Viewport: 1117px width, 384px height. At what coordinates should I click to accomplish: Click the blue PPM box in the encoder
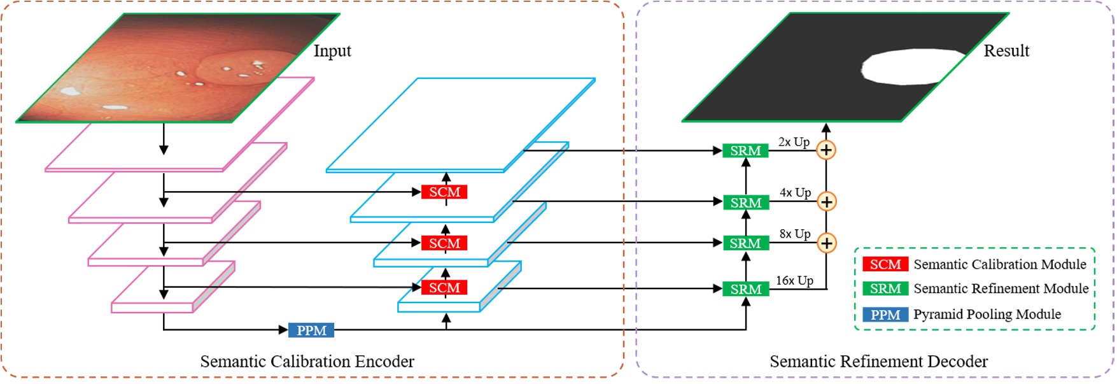click(311, 330)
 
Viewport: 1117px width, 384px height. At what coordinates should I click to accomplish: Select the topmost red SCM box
click(444, 192)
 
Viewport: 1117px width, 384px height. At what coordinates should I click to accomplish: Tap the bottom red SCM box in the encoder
click(444, 288)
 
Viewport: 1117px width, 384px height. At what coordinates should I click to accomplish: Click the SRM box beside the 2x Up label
click(745, 151)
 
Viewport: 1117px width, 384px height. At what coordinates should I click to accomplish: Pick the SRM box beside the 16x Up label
click(745, 289)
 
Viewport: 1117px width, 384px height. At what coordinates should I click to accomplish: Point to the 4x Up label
click(795, 192)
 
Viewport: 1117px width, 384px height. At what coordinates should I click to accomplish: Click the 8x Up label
click(795, 234)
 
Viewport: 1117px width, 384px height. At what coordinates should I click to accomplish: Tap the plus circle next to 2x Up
click(825, 150)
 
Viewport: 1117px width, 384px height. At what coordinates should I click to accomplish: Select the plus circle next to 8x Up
click(825, 243)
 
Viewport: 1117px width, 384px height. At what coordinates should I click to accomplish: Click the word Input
click(332, 51)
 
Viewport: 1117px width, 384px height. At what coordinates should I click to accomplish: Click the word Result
click(1006, 51)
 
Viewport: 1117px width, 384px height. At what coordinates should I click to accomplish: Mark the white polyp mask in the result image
click(910, 66)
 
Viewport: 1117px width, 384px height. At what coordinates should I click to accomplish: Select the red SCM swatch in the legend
click(885, 264)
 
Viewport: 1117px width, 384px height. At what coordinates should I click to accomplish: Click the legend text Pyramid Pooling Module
click(987, 314)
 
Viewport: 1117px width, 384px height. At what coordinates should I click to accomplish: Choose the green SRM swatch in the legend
click(885, 288)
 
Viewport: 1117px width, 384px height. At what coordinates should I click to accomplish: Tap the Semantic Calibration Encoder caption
click(307, 362)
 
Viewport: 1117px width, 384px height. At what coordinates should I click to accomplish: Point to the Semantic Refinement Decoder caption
click(878, 362)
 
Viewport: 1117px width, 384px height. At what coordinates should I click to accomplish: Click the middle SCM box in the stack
click(444, 243)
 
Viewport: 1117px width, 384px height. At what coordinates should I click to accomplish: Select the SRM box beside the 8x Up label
click(745, 243)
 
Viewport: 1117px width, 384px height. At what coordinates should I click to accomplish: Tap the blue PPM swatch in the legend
click(885, 315)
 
